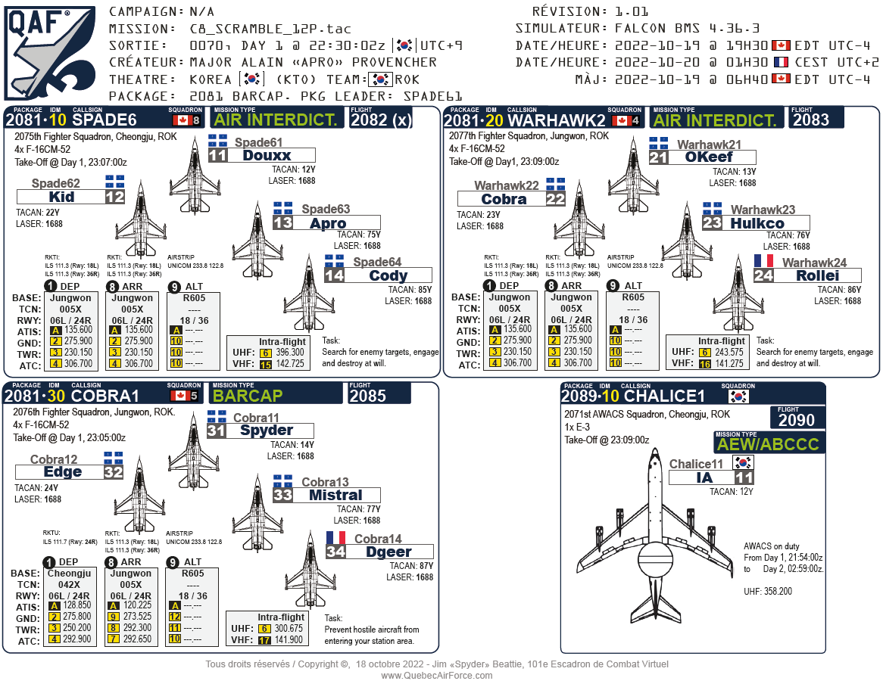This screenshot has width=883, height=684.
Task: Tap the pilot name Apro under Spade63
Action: click(x=327, y=223)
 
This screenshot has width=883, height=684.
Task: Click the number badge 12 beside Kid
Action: click(x=114, y=197)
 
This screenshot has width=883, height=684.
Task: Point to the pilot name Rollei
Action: click(x=817, y=276)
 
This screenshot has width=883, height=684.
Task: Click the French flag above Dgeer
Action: click(x=335, y=538)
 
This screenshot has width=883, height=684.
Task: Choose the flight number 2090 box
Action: click(x=797, y=421)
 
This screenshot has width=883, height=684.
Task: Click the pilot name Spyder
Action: click(x=266, y=431)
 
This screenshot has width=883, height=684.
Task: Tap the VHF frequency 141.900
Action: click(x=289, y=639)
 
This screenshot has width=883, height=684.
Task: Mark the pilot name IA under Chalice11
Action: click(x=704, y=477)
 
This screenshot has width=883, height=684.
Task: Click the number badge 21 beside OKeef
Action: click(x=658, y=157)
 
